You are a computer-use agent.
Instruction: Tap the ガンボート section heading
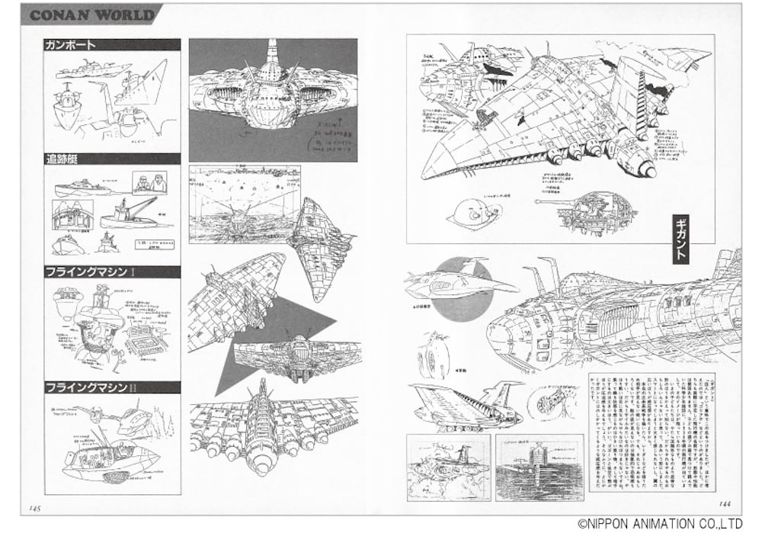[112, 45]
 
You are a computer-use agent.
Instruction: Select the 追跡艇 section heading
[112, 159]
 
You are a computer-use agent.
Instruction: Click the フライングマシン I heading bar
[112, 272]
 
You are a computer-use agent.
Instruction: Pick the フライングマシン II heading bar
[112, 387]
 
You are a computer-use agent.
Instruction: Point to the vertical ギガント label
[680, 240]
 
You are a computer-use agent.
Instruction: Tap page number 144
[728, 503]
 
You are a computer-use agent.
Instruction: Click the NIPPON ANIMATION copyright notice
[659, 524]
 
